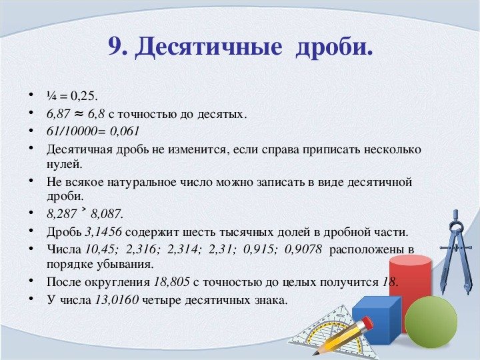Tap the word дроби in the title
click(x=333, y=47)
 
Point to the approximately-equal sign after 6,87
click(x=79, y=113)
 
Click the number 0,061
click(x=125, y=131)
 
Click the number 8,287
click(x=61, y=214)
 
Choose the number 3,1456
click(x=104, y=232)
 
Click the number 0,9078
click(x=303, y=249)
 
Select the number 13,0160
click(x=116, y=300)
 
